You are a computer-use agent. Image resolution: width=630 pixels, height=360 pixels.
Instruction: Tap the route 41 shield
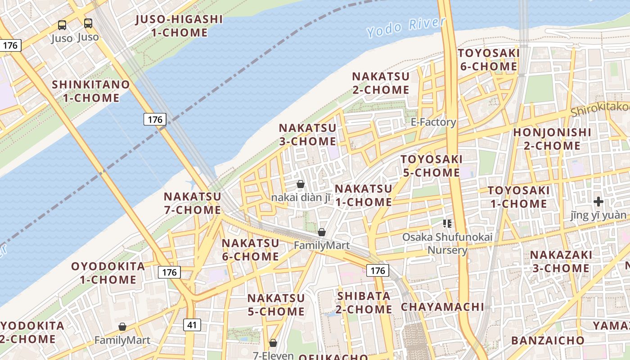[192, 324]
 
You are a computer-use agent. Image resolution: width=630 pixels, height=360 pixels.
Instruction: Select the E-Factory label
[433, 122]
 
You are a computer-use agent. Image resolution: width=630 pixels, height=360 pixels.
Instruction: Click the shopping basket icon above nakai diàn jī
[301, 184]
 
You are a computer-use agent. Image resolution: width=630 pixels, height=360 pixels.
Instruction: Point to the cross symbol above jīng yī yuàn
[598, 201]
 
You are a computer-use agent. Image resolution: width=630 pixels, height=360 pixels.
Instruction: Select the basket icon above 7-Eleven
[273, 343]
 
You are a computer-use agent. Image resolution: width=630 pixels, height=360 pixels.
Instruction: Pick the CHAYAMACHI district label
[442, 307]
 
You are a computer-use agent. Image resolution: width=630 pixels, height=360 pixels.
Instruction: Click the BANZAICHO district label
[548, 340]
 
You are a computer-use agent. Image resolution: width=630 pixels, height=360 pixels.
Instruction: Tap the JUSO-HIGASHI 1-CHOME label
[179, 26]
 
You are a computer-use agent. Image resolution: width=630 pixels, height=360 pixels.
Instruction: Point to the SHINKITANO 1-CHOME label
[91, 91]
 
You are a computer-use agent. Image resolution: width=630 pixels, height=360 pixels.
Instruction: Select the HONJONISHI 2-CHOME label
[552, 139]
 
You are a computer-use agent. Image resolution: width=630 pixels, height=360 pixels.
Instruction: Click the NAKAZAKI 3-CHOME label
[561, 261]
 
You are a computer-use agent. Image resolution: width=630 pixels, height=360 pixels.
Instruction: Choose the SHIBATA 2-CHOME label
[364, 302]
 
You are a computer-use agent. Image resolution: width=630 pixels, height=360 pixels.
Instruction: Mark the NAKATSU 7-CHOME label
[192, 203]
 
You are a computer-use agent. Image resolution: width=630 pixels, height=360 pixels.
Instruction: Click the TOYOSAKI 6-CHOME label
[489, 60]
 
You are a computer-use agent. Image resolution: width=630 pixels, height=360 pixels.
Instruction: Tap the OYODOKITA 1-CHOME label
[108, 273]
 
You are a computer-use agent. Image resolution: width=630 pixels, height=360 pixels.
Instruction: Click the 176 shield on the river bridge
[155, 119]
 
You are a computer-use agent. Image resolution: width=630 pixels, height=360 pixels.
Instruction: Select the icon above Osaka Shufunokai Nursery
[447, 223]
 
